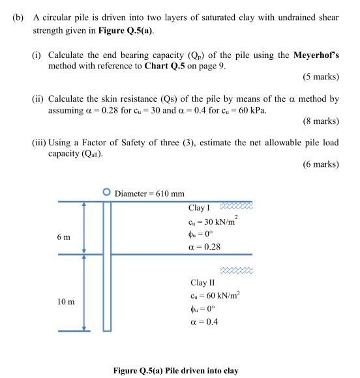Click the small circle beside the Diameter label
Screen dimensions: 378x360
[x=107, y=192]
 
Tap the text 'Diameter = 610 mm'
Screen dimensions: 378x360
[x=149, y=194]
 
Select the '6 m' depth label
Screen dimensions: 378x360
[x=64, y=237]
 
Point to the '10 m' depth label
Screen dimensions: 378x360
[x=66, y=302]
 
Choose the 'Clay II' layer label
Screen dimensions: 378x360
[x=202, y=283]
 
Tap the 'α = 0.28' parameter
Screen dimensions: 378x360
[x=205, y=248]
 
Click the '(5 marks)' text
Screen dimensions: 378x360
[x=321, y=78]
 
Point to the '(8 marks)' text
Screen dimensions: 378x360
[x=321, y=121]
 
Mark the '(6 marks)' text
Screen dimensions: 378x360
[x=321, y=165]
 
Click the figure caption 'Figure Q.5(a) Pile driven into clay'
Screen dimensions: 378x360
[x=175, y=371]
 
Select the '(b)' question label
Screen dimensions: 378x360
[x=18, y=18]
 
